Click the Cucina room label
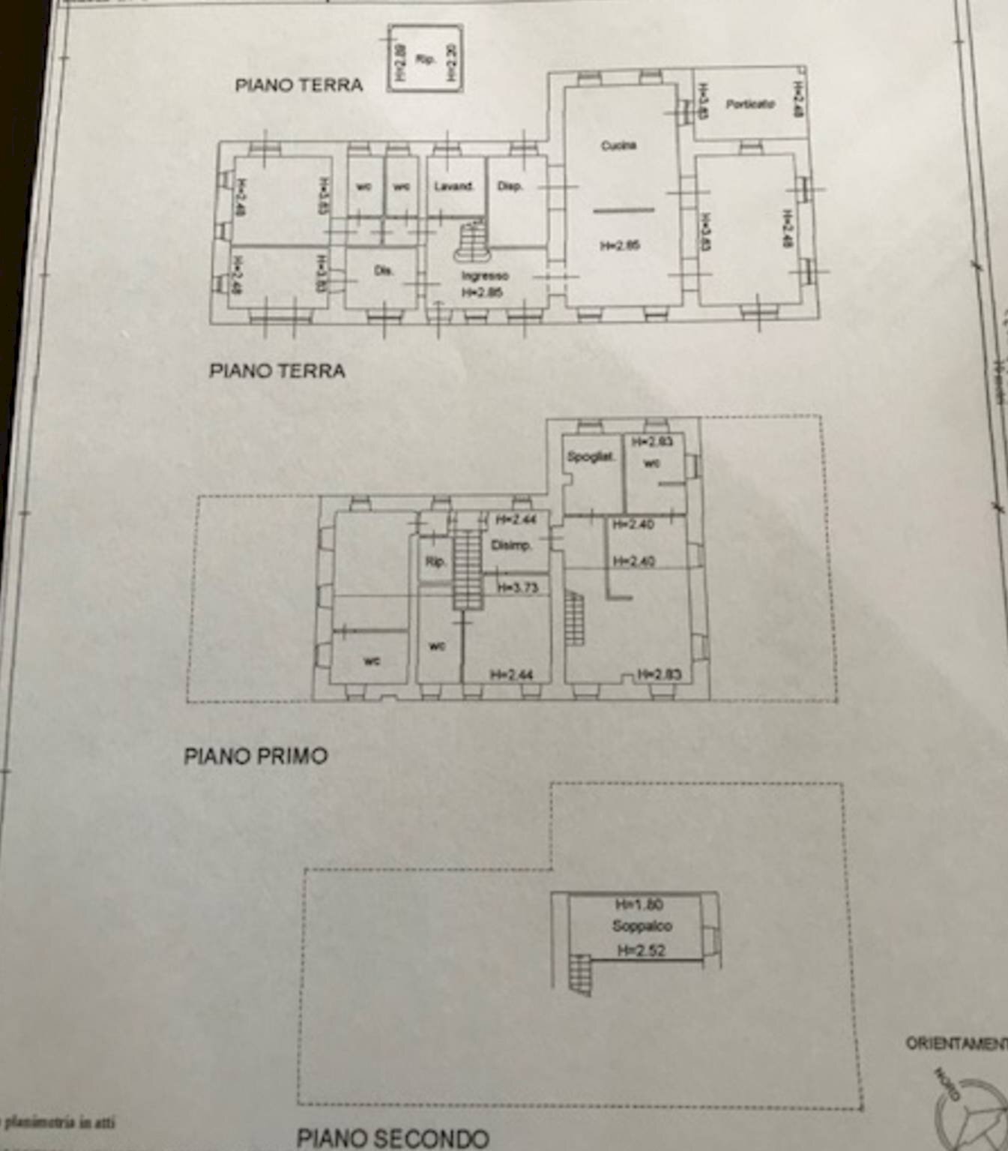point(618,145)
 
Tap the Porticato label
point(749,104)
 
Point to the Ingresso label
point(484,276)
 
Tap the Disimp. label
point(510,545)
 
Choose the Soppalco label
point(642,926)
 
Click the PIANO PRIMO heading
point(256,755)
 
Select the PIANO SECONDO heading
point(393,1138)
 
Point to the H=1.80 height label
point(639,904)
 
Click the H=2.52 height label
point(641,951)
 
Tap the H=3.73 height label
point(517,588)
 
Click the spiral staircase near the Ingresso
point(471,241)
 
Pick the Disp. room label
point(510,186)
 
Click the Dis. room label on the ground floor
point(384,271)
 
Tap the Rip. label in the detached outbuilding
point(425,58)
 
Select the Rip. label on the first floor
point(435,562)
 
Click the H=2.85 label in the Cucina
point(620,245)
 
